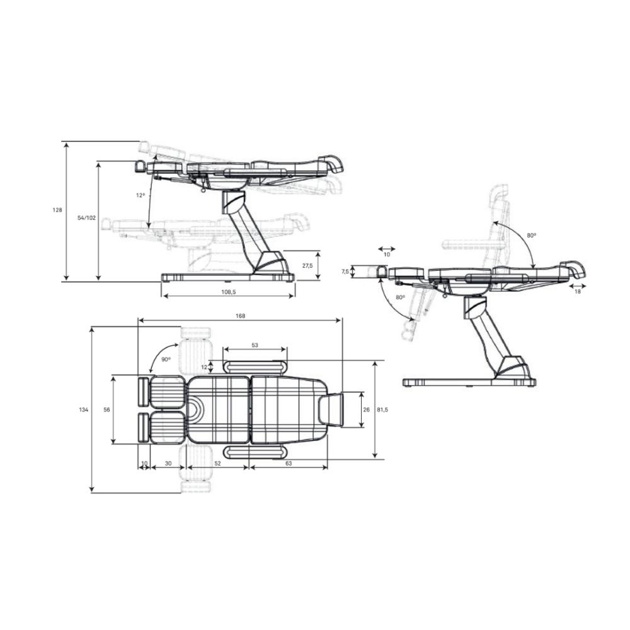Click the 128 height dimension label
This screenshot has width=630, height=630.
point(57,210)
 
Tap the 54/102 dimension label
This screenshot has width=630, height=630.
point(87,218)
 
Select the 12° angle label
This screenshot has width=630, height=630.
point(140,195)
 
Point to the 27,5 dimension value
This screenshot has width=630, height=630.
point(307,266)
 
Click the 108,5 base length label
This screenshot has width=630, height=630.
point(228,292)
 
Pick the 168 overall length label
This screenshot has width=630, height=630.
point(240,316)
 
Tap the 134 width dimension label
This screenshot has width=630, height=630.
point(84,410)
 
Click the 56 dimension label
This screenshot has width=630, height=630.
point(107,410)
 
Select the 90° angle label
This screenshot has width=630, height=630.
point(166,360)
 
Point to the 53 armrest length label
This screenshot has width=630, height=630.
point(255,345)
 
